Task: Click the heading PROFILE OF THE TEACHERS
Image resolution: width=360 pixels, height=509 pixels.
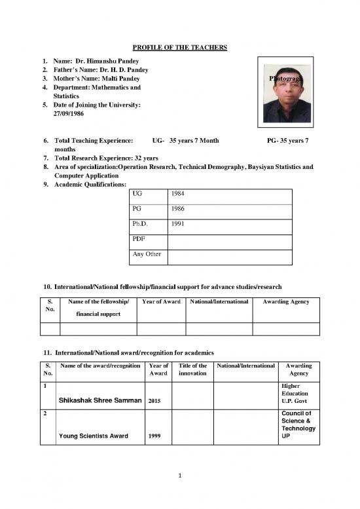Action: [180, 48]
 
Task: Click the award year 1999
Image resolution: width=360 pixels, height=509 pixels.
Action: [156, 435]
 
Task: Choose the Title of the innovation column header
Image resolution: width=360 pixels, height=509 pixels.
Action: [192, 370]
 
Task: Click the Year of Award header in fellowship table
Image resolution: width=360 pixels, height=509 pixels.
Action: [160, 301]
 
